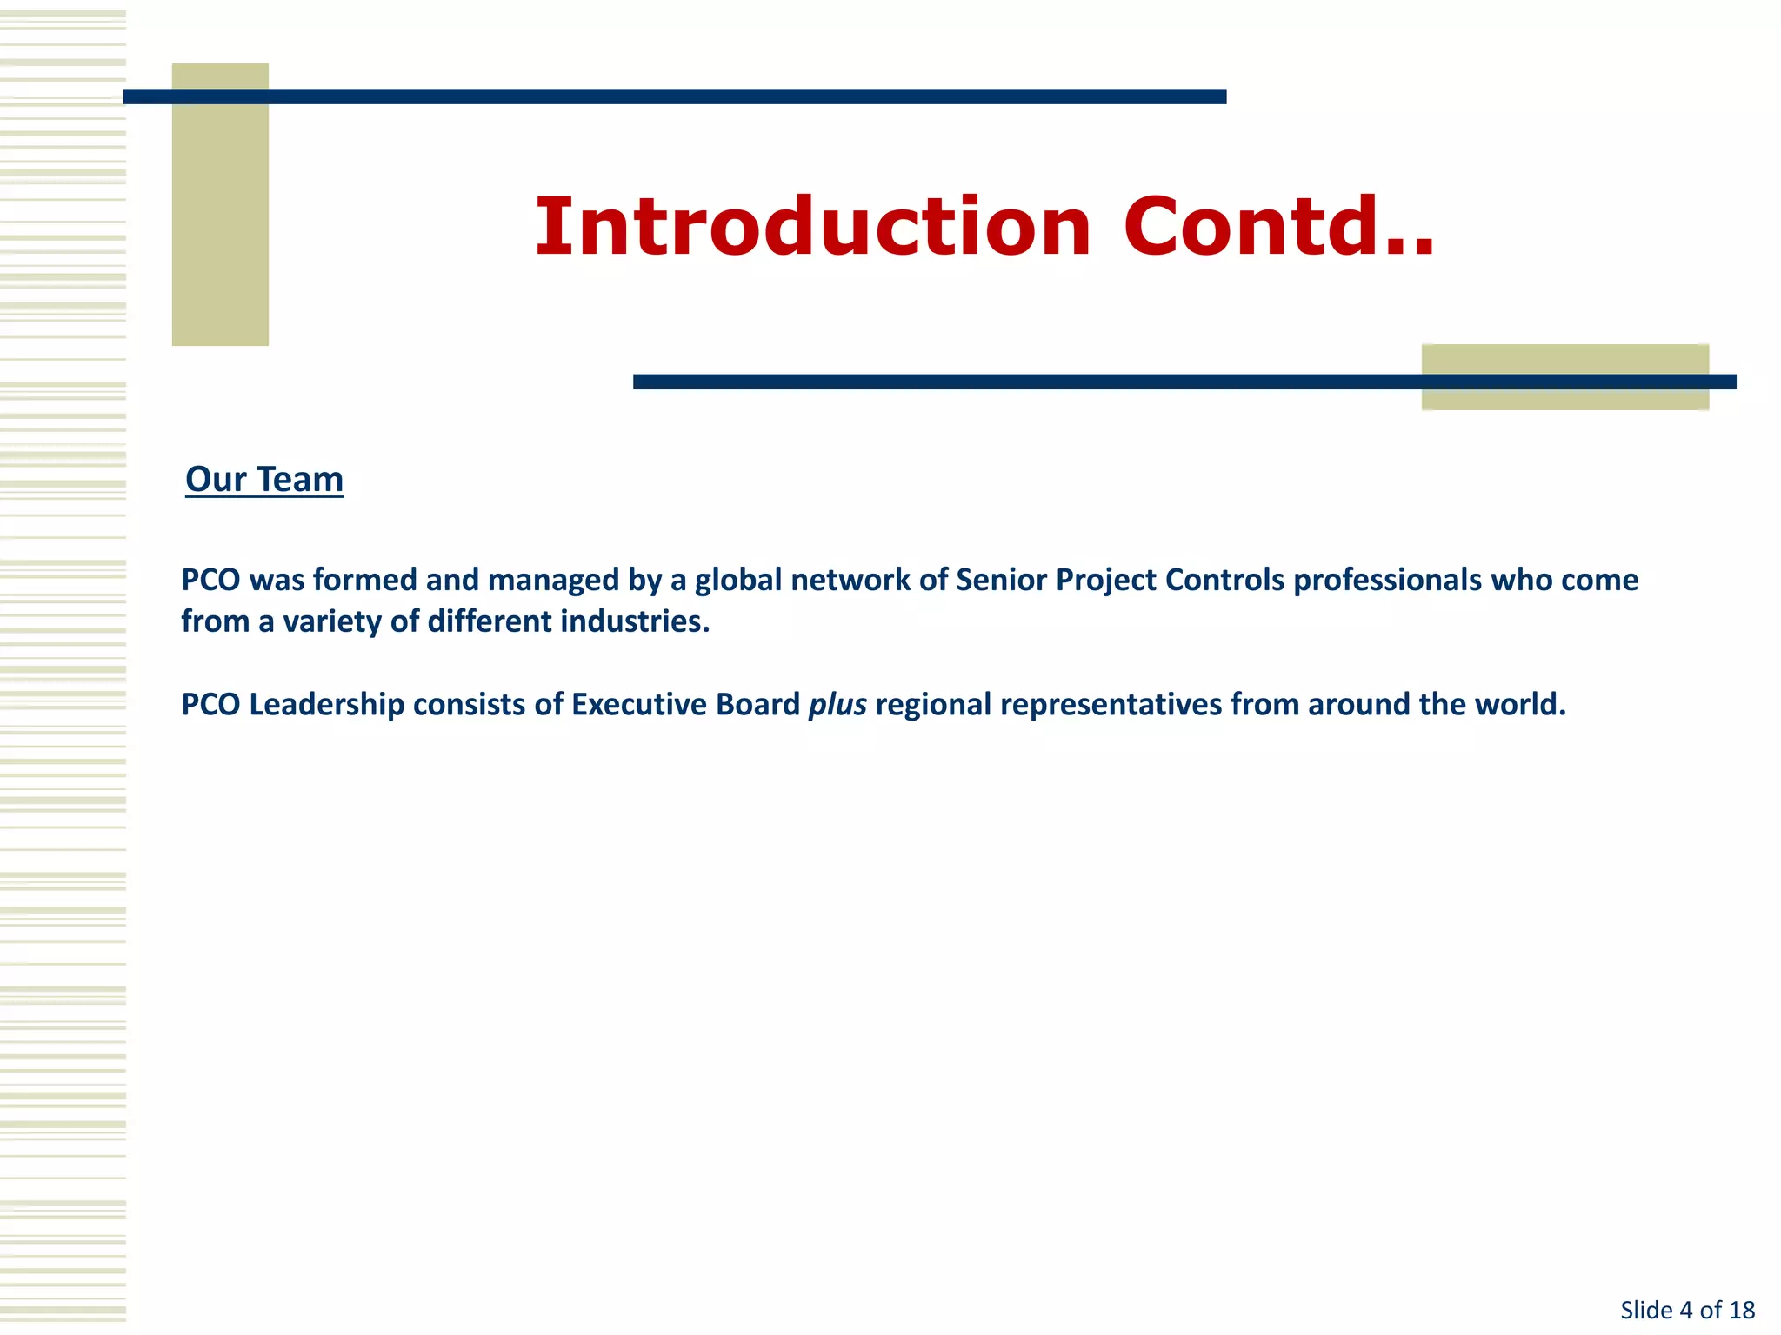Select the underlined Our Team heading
pyautogui.click(x=264, y=480)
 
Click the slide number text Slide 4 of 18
pyautogui.click(x=1687, y=1310)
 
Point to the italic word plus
pyautogui.click(x=837, y=705)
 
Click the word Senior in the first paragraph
pyautogui.click(x=1001, y=580)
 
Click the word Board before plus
pyautogui.click(x=757, y=705)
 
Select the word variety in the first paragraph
pyautogui.click(x=332, y=621)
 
